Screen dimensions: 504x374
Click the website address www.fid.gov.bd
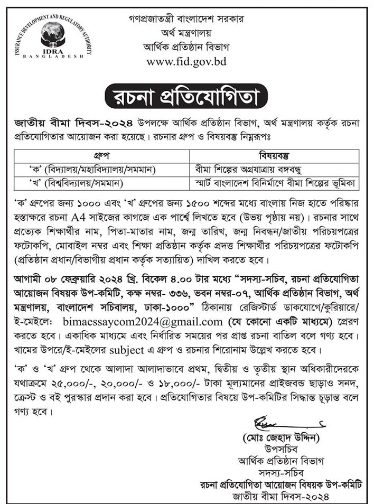(x=186, y=61)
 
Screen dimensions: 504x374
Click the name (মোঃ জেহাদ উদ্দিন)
(x=281, y=438)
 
